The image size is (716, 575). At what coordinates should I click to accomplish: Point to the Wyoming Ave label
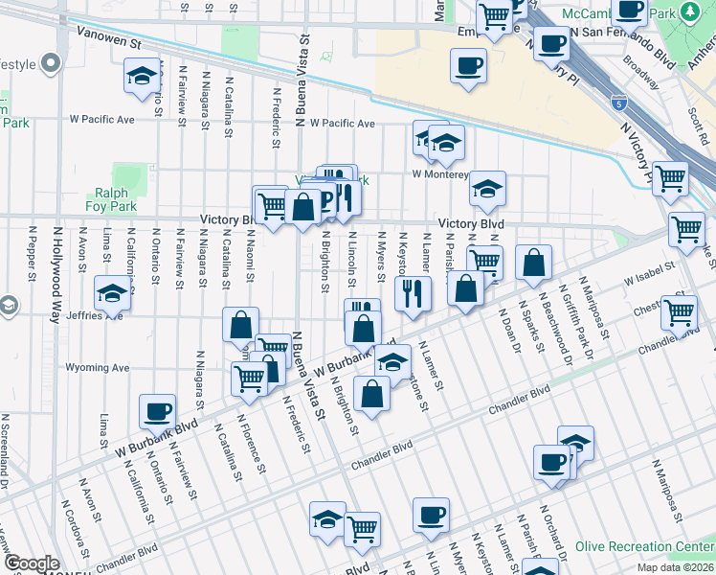pyautogui.click(x=98, y=367)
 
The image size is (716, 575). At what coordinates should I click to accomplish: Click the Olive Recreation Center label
pyautogui.click(x=644, y=548)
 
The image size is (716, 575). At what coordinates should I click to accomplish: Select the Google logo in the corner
pyautogui.click(x=32, y=563)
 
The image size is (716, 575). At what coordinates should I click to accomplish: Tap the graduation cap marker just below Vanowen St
pyautogui.click(x=142, y=76)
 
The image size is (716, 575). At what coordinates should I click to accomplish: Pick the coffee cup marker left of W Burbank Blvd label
pyautogui.click(x=157, y=411)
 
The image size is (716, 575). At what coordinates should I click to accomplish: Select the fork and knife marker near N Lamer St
pyautogui.click(x=413, y=291)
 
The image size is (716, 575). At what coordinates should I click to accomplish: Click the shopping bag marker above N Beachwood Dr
pyautogui.click(x=532, y=261)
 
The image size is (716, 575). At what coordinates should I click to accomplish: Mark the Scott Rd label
pyautogui.click(x=697, y=124)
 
